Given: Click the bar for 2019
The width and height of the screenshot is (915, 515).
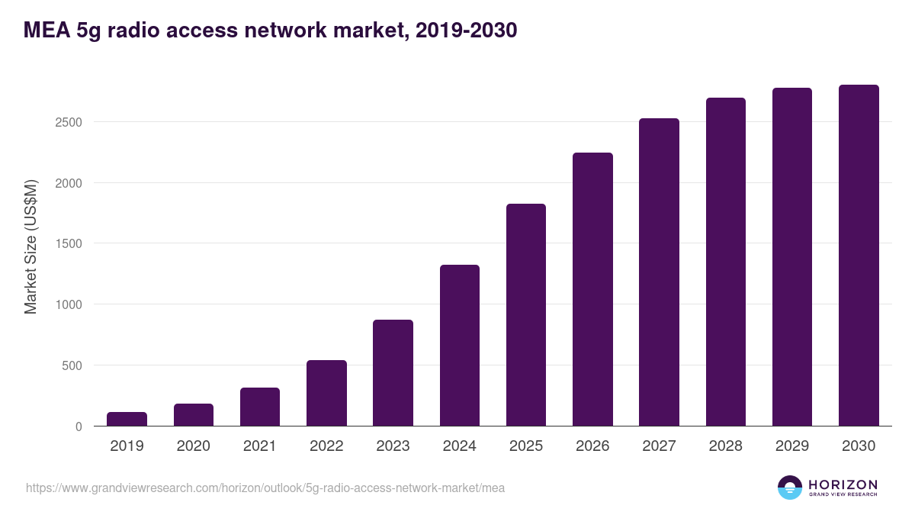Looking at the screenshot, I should pyautogui.click(x=127, y=419).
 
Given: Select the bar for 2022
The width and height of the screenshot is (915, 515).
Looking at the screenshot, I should pyautogui.click(x=326, y=393).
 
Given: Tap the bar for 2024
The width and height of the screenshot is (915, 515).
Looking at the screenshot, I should pyautogui.click(x=459, y=346).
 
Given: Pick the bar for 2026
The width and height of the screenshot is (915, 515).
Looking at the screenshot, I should pyautogui.click(x=592, y=289).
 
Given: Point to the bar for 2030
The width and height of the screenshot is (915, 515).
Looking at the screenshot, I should pyautogui.click(x=859, y=256).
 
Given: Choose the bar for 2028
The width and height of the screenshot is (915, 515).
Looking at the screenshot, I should pyautogui.click(x=725, y=262).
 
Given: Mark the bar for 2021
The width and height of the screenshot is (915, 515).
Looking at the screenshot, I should pyautogui.click(x=260, y=407).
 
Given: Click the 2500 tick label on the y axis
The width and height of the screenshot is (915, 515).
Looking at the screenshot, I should pyautogui.click(x=69, y=122).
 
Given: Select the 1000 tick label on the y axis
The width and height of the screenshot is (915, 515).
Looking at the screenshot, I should pyautogui.click(x=69, y=304).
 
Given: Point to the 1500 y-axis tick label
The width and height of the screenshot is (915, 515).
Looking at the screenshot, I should pyautogui.click(x=69, y=244).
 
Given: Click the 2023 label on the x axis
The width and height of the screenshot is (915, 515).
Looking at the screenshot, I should pyautogui.click(x=393, y=446).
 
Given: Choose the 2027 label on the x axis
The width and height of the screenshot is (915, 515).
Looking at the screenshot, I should pyautogui.click(x=659, y=446).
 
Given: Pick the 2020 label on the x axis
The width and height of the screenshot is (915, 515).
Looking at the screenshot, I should pyautogui.click(x=193, y=446).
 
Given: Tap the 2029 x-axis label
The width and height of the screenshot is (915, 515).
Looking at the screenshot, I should pyautogui.click(x=792, y=446).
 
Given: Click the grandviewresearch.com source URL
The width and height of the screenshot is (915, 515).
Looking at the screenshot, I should pyautogui.click(x=265, y=488).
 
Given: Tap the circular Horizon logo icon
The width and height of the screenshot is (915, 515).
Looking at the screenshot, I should pyautogui.click(x=790, y=488).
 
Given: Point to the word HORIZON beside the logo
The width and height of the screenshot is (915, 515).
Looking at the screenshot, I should pyautogui.click(x=843, y=484).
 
